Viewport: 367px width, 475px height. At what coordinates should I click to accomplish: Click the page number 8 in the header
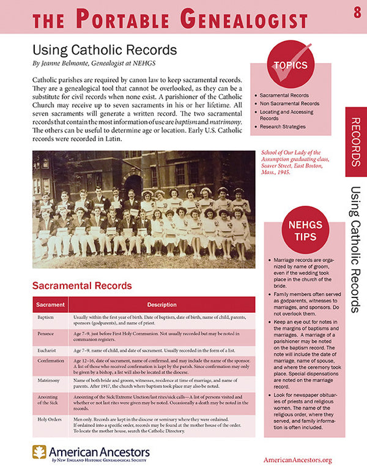tap(357, 13)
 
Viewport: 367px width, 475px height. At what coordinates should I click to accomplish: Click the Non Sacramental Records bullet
tap(289, 104)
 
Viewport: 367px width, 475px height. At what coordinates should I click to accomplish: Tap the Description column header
tap(161, 304)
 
